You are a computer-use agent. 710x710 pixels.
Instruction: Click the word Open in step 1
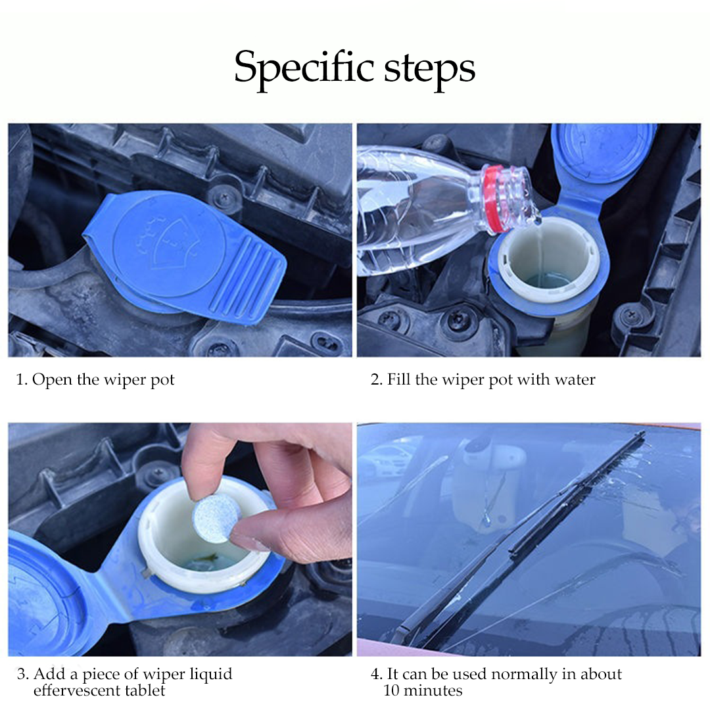coord(52,380)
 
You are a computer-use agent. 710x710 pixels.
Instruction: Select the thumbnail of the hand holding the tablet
coord(179,539)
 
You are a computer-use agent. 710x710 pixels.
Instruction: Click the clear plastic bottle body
coord(414,204)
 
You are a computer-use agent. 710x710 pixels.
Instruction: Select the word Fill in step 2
coord(398,379)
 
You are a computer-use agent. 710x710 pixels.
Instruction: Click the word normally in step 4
coord(523,674)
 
